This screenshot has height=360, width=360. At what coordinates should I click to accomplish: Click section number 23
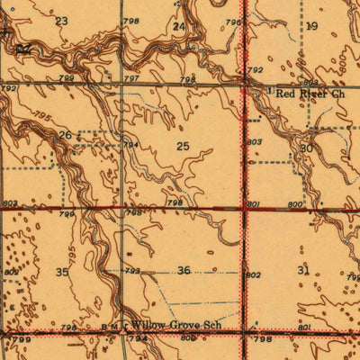[x=61, y=21]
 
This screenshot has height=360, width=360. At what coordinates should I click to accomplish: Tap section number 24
[x=179, y=27]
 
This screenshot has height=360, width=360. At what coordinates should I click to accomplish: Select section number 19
[x=312, y=26]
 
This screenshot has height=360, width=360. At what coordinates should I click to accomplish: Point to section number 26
[x=65, y=135]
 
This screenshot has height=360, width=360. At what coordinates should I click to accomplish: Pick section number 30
[x=306, y=148]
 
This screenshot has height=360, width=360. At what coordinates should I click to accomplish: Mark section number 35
[x=62, y=271]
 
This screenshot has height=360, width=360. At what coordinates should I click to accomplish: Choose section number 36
[x=184, y=270]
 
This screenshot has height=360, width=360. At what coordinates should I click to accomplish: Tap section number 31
[x=302, y=270]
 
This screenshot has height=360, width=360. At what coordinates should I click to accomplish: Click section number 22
[x=23, y=47]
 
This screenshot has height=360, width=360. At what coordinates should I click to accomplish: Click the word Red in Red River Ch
[x=285, y=93]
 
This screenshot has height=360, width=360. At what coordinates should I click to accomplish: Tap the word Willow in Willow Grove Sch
[x=150, y=320]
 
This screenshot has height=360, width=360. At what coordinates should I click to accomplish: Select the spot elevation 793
[x=131, y=270]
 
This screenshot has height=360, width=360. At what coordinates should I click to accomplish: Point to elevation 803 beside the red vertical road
[x=255, y=141]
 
